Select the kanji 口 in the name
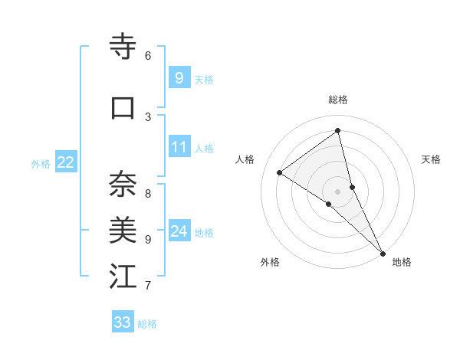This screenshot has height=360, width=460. [123, 108]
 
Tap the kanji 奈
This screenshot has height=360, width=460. [123, 184]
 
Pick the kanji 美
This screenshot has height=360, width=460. [123, 230]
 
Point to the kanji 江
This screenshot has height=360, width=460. [123, 277]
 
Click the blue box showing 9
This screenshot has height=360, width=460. [179, 77]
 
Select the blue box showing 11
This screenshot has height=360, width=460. [179, 147]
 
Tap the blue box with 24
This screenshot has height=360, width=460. [179, 231]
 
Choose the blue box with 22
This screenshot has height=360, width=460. [66, 162]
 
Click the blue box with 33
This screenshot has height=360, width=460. [123, 322]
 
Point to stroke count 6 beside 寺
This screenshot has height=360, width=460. [148, 55]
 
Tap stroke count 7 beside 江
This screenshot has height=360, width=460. [148, 286]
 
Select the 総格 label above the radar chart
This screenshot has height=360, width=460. [338, 100]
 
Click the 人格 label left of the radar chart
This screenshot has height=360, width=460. [245, 159]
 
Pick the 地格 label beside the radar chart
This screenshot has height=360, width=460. [402, 262]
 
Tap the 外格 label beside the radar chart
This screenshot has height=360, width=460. [270, 262]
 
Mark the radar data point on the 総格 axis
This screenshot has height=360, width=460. [338, 130]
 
